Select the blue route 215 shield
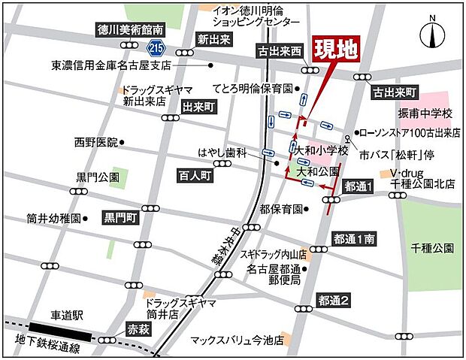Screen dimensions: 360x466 (156, 47)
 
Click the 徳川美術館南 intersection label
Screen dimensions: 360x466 (130, 30)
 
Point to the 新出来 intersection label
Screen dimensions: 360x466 (213, 39)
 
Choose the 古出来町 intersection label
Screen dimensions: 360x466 (395, 92)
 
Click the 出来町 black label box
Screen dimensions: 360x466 (199, 107)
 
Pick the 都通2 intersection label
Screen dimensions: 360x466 (334, 300)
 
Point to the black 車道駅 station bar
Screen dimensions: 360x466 (61, 329)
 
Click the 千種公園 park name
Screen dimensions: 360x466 (432, 247)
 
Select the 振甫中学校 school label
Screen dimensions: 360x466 (425, 113)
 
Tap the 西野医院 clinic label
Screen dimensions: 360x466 (96, 141)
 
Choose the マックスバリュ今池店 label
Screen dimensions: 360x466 (236, 340)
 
